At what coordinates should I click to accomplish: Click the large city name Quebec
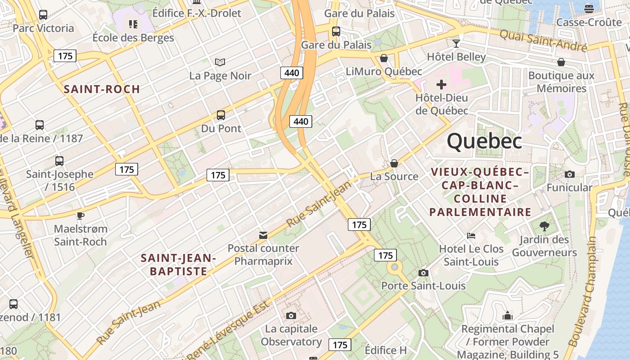[x=484, y=141]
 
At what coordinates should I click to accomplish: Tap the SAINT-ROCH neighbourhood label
[x=102, y=89]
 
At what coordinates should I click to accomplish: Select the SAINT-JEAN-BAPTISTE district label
[x=179, y=265]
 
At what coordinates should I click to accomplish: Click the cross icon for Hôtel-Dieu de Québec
[x=441, y=84]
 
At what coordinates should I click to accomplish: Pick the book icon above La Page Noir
[x=220, y=62]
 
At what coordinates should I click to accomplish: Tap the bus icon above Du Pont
[x=220, y=115]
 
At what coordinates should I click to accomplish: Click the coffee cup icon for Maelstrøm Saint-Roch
[x=80, y=216]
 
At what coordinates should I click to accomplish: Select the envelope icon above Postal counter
[x=263, y=235]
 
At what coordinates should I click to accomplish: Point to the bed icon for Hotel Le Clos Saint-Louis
[x=471, y=235]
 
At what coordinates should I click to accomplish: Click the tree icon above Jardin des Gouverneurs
[x=544, y=226]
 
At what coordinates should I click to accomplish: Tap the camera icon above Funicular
[x=569, y=174]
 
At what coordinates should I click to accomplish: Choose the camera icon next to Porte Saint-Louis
[x=423, y=273]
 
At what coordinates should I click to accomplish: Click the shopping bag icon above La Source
[x=394, y=163]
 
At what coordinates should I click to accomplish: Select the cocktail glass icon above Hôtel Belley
[x=456, y=44]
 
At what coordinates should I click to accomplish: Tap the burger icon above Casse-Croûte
[x=589, y=9]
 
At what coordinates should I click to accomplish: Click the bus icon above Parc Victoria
[x=43, y=15]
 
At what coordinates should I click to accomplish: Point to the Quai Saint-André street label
[x=543, y=40]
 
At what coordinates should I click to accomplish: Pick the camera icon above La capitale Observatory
[x=291, y=315]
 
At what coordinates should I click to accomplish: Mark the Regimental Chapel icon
[x=508, y=316]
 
